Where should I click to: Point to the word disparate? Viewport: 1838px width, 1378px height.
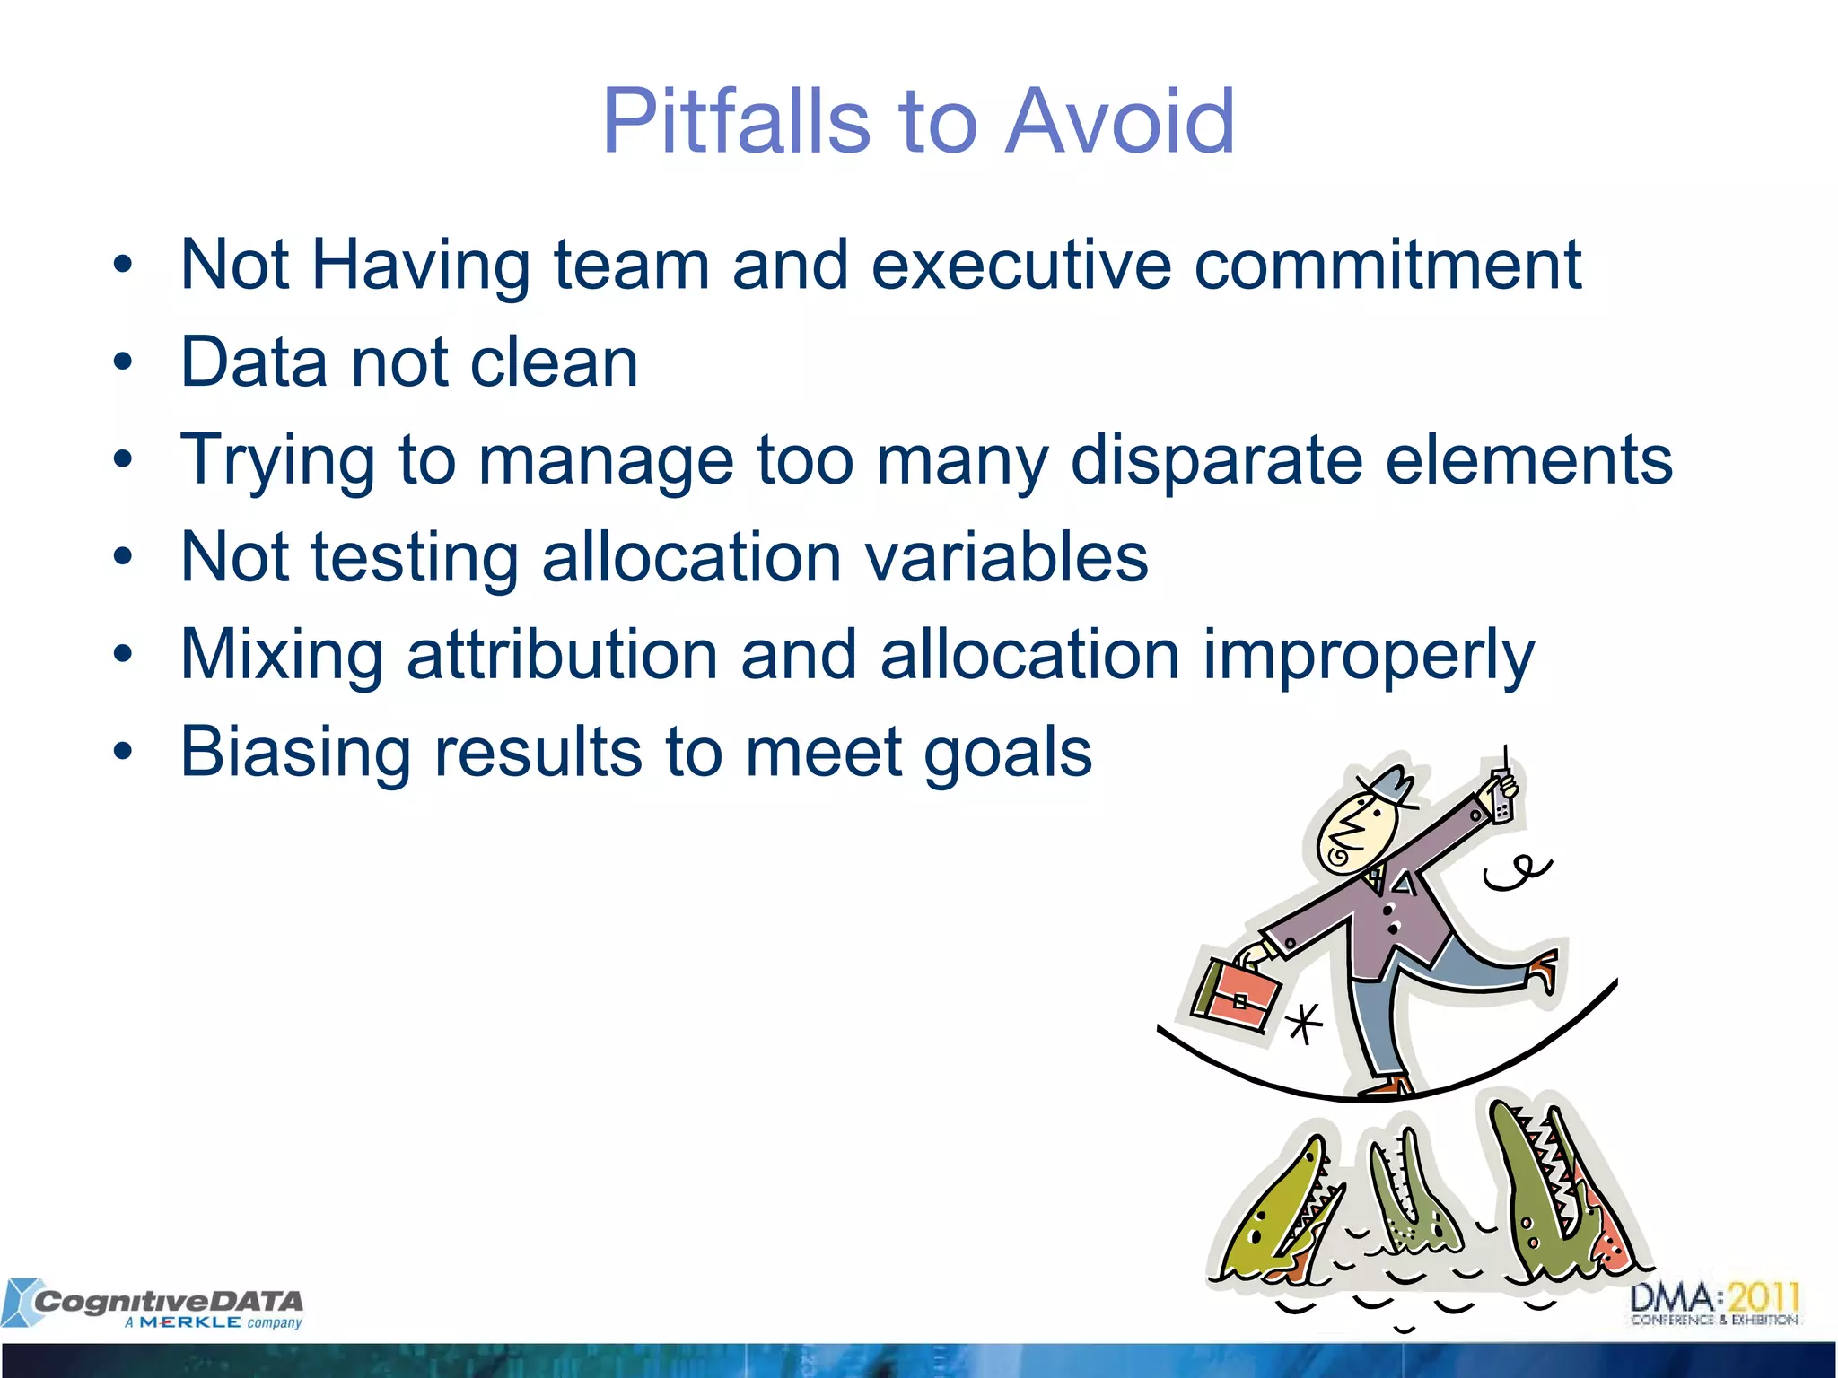[x=1216, y=460]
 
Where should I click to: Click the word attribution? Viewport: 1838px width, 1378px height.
[x=562, y=654]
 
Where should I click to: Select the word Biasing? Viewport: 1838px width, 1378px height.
[x=295, y=752]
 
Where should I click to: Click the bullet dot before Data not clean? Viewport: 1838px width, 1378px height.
[x=123, y=362]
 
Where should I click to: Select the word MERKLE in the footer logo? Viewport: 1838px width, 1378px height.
[x=189, y=1322]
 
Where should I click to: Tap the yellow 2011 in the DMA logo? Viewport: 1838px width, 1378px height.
[x=1764, y=1298]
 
